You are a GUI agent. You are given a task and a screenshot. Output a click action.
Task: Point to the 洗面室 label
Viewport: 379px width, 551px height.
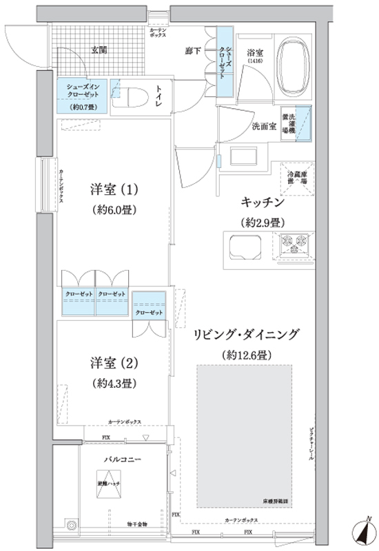tap(264, 127)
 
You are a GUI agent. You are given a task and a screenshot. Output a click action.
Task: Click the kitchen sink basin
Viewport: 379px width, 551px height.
tap(241, 247)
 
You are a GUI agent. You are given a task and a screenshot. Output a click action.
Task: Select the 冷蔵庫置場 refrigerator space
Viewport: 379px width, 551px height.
tap(296, 177)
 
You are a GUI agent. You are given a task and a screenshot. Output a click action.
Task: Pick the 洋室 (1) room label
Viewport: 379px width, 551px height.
tap(114, 189)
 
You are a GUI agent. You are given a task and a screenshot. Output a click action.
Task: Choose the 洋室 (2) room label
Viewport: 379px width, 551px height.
tap(114, 362)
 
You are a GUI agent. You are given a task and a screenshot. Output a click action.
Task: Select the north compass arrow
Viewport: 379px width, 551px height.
tap(360, 532)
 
